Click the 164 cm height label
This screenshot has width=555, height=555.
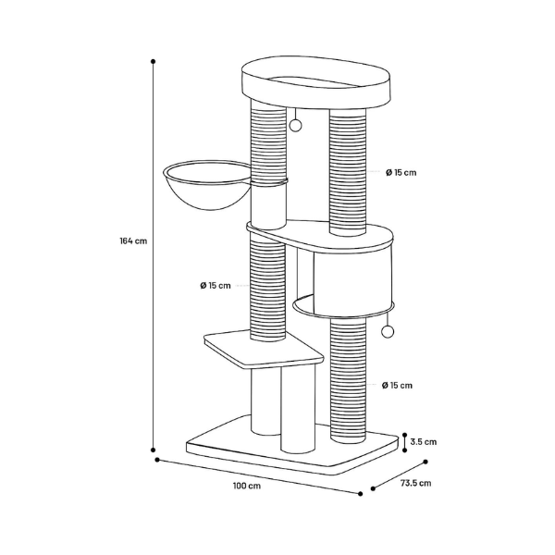[133, 241]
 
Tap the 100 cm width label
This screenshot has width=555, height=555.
[247, 486]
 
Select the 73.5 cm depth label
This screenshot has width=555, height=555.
[416, 483]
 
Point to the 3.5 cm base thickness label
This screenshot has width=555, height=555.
[424, 442]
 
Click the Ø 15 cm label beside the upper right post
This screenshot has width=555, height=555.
[401, 172]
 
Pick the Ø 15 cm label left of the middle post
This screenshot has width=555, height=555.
[216, 285]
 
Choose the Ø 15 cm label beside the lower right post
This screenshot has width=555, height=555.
[397, 385]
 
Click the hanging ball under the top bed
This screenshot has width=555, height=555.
[295, 125]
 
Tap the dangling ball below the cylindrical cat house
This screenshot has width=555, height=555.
[388, 331]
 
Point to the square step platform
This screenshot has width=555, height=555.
[264, 350]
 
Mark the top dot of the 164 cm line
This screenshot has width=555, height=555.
[154, 61]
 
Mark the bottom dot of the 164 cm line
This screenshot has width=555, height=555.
[154, 450]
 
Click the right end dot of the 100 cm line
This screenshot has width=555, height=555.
[361, 494]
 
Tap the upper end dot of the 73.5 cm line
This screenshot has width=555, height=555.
[425, 462]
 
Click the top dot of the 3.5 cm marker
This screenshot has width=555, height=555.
[405, 435]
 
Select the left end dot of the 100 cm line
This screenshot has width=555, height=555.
[157, 460]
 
